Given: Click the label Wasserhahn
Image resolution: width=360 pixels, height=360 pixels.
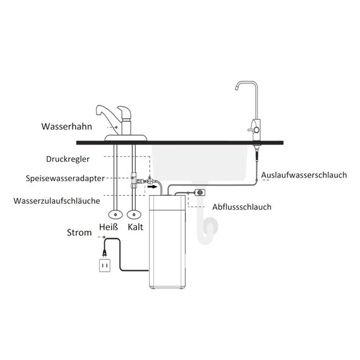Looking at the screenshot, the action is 66,126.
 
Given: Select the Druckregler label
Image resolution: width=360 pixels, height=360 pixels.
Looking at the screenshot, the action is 68,159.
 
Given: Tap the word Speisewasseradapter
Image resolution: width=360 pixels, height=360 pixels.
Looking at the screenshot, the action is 65,178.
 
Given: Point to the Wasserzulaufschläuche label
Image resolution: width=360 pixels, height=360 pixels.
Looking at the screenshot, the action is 57,201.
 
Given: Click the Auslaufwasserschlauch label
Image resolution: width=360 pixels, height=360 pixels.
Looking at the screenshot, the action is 304,175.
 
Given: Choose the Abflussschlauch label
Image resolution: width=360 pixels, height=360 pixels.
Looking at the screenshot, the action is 241,207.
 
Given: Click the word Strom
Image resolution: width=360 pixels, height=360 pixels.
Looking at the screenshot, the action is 79,232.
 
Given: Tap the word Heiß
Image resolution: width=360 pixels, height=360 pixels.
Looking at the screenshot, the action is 109,227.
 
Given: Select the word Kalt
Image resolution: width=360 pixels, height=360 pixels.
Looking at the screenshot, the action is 135,227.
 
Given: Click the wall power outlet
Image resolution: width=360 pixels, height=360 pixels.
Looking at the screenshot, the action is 105,265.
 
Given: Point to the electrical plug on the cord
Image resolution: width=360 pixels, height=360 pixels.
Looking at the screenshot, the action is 105,252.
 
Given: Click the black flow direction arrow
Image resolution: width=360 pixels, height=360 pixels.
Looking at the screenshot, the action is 152,187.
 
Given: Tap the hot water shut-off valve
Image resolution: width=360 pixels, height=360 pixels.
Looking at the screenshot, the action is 115,215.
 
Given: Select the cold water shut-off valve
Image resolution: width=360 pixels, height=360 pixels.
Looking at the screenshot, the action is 134,215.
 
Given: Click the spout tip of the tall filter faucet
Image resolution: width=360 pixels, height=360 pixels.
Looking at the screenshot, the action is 236,88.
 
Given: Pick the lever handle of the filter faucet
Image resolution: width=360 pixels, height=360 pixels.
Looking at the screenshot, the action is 253,130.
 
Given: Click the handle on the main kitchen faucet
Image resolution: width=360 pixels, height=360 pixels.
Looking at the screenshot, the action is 124,112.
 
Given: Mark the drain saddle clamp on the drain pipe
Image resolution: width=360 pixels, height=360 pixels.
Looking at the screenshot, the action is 200,193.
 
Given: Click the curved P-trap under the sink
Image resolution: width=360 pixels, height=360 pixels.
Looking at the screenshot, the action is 207,231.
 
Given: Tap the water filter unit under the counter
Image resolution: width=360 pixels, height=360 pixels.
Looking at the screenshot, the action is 167,242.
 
